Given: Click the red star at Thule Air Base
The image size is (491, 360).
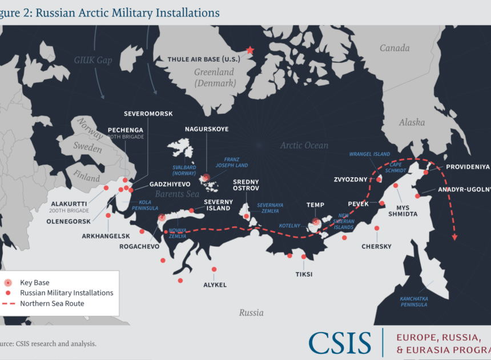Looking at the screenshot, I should coord(249,50).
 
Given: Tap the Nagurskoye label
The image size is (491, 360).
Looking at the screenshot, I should coord(207,129).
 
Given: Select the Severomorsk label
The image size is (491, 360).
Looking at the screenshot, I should coord(148,114).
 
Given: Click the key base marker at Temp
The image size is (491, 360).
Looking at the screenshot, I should coord(315,222).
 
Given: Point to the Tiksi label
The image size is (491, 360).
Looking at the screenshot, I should coord(304,274).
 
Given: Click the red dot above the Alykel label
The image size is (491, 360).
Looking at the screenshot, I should coord(214,269).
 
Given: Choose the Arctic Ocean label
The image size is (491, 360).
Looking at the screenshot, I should coord(304,146).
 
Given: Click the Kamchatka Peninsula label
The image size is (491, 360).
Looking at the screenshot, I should coord(413,301).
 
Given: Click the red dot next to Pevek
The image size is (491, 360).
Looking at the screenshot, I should coord(381,203).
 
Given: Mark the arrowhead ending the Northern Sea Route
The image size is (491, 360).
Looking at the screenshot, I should coord(455,237).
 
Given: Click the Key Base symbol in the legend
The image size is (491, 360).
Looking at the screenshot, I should coord(8,282).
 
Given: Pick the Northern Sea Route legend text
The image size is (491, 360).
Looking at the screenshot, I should coord(52,303).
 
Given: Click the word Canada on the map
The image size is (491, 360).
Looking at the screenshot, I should coord(395,48).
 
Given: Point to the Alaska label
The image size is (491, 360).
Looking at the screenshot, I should coord(412,122).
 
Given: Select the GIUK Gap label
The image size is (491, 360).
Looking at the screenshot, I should coord(93,60).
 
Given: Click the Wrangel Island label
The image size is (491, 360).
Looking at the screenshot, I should coord(369,154).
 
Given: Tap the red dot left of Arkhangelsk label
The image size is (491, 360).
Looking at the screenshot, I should coord(108,215).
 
